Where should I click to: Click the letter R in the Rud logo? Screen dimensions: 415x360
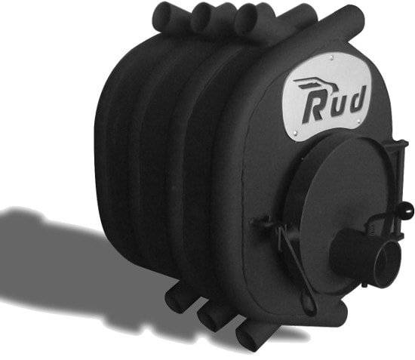pos(314,111)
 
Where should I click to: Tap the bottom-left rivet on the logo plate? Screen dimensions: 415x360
pos(297,132)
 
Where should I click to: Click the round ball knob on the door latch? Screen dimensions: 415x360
pos(408,210)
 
